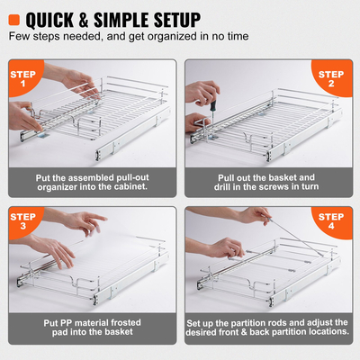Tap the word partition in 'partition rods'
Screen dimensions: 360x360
tap(255, 323)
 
